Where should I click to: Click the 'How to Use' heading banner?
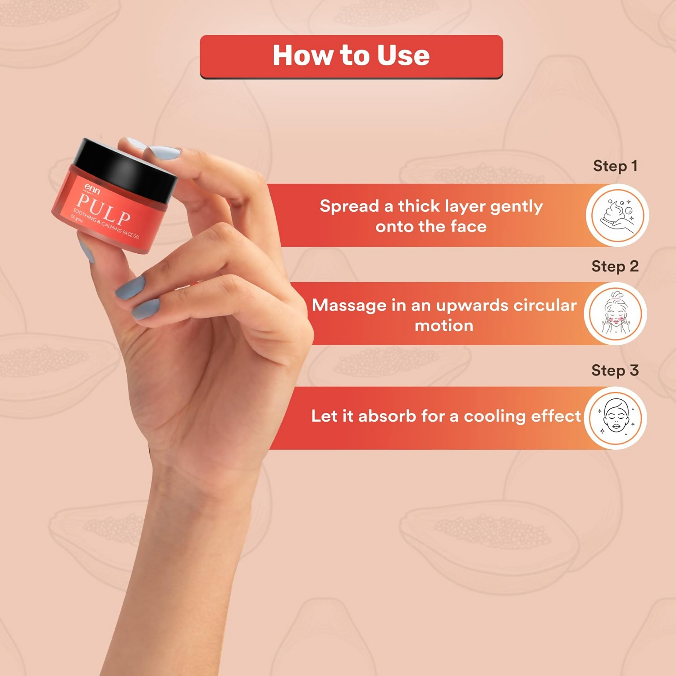(351, 57)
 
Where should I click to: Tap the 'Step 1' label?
(615, 166)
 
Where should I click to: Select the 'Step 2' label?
(615, 266)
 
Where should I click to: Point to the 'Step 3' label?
(615, 370)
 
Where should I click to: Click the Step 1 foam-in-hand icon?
(617, 215)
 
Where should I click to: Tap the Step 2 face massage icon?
(616, 314)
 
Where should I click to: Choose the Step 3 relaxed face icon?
(616, 418)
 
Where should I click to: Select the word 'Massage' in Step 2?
(349, 306)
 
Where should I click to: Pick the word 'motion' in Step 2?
(444, 325)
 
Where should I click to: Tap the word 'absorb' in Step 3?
(387, 416)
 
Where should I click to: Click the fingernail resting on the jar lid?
(164, 152)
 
